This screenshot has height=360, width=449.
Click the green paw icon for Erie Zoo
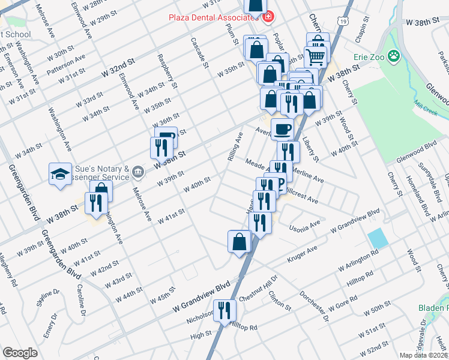(x=394, y=57)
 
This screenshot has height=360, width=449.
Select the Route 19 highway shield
(x=342, y=20)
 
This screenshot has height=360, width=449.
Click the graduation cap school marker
(x=61, y=175)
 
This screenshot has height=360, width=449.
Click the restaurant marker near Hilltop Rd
(x=224, y=311)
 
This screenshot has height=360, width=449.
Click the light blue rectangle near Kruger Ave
(x=378, y=238)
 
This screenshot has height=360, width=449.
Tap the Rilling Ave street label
(x=235, y=146)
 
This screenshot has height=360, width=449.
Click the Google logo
(x=20, y=353)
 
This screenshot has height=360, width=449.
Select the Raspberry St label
(x=167, y=71)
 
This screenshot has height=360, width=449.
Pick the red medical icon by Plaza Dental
(x=268, y=16)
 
